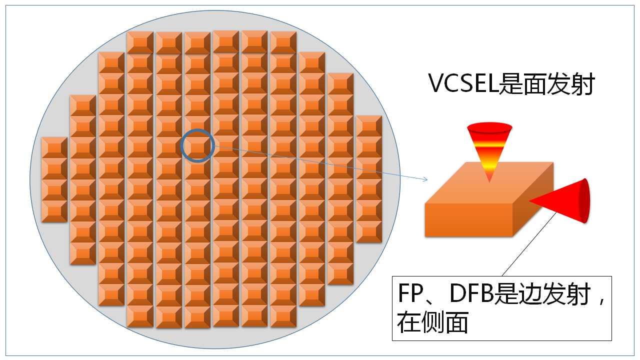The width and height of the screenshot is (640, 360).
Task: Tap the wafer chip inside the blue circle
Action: point(197,146)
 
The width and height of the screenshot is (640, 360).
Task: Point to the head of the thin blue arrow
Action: point(426,179)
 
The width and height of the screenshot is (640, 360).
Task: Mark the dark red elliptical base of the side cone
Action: point(584,201)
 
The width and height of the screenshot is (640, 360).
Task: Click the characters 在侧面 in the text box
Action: point(432,322)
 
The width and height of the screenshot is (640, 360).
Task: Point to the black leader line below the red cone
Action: point(530,245)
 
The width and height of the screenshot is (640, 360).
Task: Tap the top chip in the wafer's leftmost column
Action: point(54,147)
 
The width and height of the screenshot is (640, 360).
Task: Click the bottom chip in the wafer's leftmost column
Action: point(54,211)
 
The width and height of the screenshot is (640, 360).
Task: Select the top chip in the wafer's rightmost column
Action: point(368,126)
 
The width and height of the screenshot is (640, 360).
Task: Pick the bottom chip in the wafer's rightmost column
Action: point(368,232)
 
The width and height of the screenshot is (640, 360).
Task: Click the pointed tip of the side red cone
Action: point(530,201)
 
